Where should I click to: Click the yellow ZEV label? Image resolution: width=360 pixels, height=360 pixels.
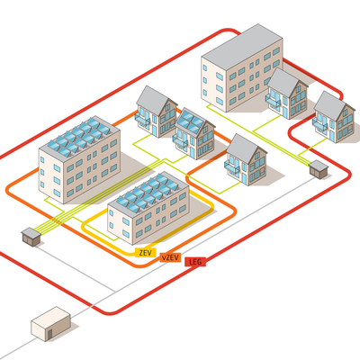pos(146,252)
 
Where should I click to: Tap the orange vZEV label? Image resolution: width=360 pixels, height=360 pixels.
pos(170,257)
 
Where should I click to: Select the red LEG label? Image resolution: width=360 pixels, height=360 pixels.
pos(195,262)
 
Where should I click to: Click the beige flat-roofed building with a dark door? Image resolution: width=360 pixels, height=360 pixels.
pos(50,323)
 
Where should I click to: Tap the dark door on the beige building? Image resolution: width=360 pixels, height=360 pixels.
pos(49,334)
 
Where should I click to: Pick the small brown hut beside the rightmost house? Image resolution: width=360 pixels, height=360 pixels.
pos(319,169)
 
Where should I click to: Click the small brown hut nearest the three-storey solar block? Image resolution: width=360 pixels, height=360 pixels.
pos(31,237)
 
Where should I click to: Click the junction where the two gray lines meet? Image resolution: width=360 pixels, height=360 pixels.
pos(115,291)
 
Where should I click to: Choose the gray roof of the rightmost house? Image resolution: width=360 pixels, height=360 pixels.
pos(330,105)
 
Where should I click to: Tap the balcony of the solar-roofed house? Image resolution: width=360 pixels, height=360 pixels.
pos(180,141)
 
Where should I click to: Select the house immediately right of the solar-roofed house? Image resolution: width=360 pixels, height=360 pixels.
pos(246,159)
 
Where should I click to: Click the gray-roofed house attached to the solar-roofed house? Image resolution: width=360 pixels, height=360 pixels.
pos(157,112)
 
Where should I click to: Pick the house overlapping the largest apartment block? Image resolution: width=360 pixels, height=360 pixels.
pos(287,94)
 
